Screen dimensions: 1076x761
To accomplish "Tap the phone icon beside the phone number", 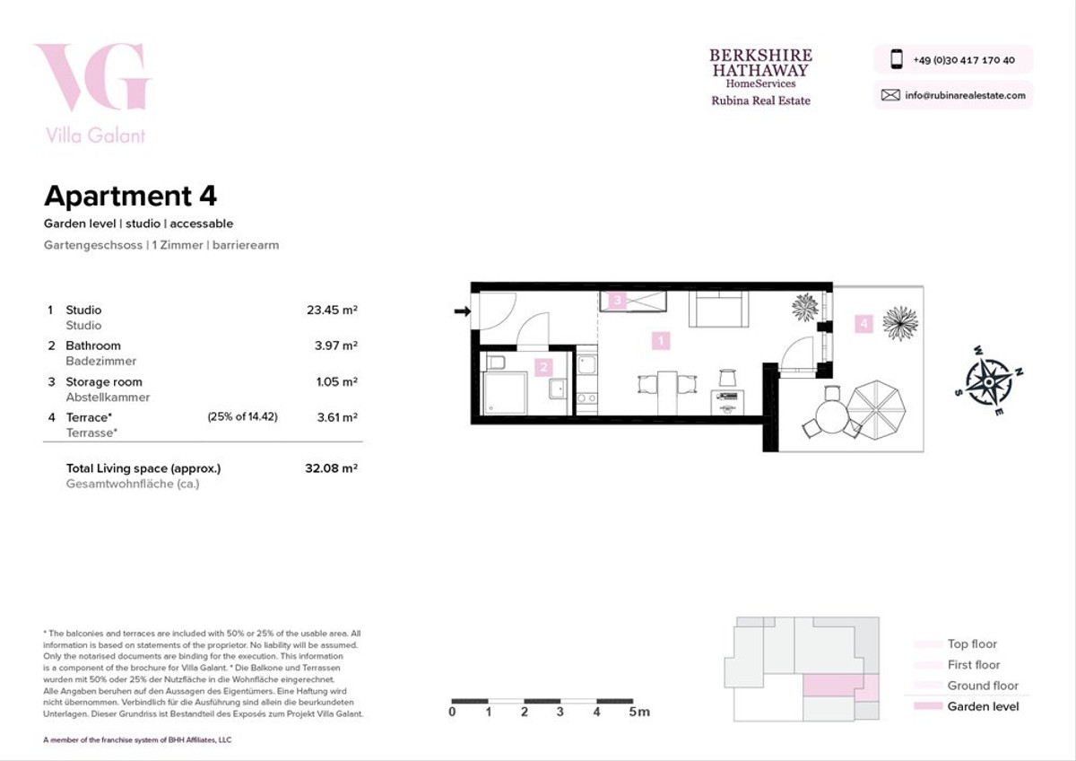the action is pyautogui.click(x=897, y=59).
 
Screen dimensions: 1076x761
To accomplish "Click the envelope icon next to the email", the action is pyautogui.click(x=890, y=95).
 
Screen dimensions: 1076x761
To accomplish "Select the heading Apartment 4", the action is pyautogui.click(x=130, y=197).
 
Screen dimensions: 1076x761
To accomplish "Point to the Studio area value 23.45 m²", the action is pyautogui.click(x=332, y=311).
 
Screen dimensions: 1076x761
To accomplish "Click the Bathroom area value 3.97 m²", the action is pyautogui.click(x=335, y=346).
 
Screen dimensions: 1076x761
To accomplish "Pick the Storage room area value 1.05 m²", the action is pyautogui.click(x=336, y=381).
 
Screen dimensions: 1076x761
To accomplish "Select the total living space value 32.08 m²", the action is pyautogui.click(x=331, y=468).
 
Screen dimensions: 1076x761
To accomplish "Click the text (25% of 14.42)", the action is pyautogui.click(x=243, y=416).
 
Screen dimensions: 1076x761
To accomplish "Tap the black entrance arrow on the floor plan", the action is pyautogui.click(x=462, y=311).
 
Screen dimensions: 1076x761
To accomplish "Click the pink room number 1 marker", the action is pyautogui.click(x=661, y=341).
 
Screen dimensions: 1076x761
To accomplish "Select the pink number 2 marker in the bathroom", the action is pyautogui.click(x=543, y=367).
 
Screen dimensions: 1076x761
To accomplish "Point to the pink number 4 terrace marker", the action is pyautogui.click(x=863, y=324).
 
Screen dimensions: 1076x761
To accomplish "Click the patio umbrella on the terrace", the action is pyautogui.click(x=876, y=409).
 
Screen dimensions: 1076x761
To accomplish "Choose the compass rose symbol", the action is pyautogui.click(x=989, y=381).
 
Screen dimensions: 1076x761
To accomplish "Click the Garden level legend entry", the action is pyautogui.click(x=966, y=706).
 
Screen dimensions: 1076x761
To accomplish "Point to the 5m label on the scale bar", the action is pyautogui.click(x=639, y=712).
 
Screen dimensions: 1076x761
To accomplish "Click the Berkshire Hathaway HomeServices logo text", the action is pyautogui.click(x=761, y=68).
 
